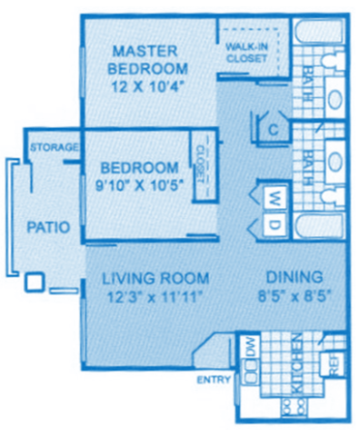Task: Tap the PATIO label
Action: click(48, 228)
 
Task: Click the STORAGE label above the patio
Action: click(53, 147)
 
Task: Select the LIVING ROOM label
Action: click(155, 278)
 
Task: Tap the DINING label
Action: click(293, 278)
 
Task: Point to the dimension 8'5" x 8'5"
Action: click(293, 296)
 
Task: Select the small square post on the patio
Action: click(34, 282)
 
